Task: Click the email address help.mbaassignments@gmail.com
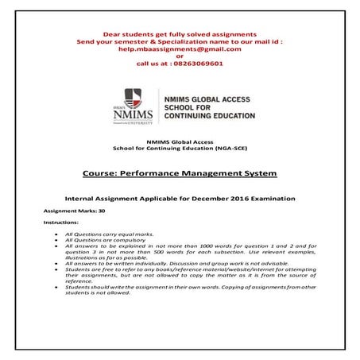[180, 48]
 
